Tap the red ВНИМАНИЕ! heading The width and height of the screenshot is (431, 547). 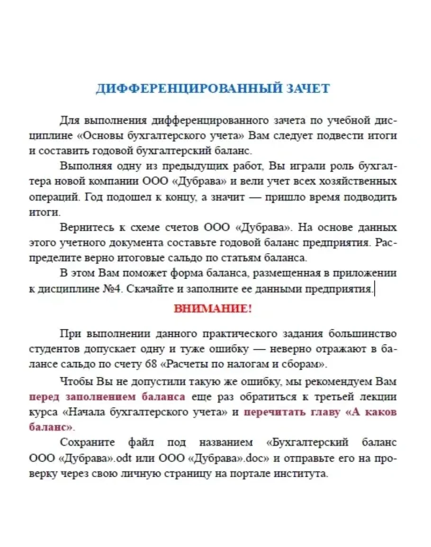click(213, 309)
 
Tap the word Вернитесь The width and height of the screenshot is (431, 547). click(85, 227)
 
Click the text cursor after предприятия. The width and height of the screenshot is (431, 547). click(375, 288)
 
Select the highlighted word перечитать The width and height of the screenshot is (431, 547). click(269, 412)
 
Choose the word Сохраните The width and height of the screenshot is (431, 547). click(87, 442)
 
